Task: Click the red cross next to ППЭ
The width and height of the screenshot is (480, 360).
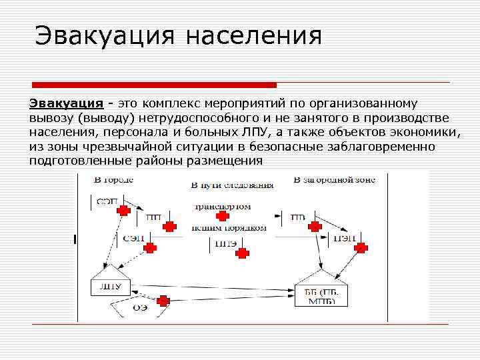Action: click(x=243, y=253)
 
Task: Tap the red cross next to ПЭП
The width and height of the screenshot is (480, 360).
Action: click(x=361, y=248)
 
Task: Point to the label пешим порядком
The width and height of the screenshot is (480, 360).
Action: click(x=229, y=228)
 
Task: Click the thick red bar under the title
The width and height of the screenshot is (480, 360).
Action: click(x=154, y=85)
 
